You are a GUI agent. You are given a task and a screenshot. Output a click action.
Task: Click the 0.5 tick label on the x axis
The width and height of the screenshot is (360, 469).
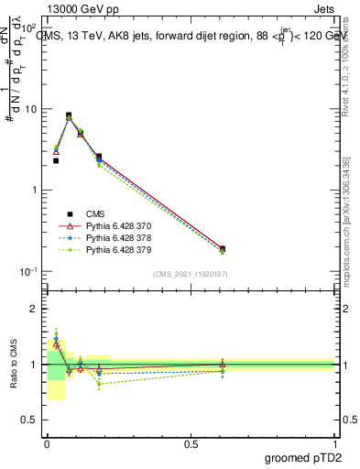coord(191,444)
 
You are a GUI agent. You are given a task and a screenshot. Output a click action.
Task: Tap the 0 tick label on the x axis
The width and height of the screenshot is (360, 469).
coord(47,444)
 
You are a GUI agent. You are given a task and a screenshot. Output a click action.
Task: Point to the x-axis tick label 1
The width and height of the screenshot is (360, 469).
coord(334,444)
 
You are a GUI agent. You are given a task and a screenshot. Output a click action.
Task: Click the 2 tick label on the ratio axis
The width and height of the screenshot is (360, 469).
coord(34,309)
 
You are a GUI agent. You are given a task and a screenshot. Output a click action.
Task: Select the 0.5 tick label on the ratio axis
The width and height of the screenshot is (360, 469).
coord(30,420)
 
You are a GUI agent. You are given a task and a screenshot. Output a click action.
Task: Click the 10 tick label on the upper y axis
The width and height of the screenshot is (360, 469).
coord(30,109)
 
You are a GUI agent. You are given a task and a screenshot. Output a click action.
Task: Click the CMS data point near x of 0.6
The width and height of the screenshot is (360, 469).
coord(222,248)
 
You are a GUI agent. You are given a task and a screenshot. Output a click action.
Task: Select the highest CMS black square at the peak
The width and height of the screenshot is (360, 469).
coord(69,115)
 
